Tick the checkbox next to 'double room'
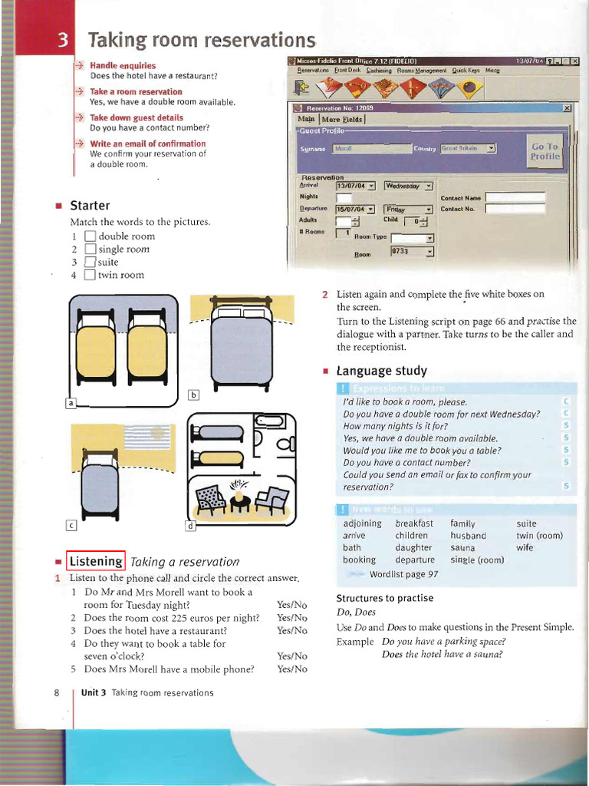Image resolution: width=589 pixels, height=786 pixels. (x=89, y=236)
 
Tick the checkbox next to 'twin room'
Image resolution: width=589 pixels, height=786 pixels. (x=89, y=275)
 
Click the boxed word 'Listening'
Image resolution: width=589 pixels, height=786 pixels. (x=96, y=561)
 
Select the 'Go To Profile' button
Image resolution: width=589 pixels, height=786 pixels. (x=545, y=151)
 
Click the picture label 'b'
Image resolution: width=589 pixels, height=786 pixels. (x=193, y=395)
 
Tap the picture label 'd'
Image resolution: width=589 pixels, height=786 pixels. (x=191, y=526)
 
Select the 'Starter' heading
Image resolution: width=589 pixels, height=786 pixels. (x=90, y=206)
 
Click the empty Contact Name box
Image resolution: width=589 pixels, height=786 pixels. (x=515, y=197)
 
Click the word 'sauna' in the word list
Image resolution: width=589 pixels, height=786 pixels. (x=463, y=548)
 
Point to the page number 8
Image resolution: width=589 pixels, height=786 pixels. (x=57, y=693)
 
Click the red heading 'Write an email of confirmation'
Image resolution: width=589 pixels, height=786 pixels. (x=147, y=144)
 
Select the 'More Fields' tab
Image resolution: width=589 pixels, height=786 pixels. (x=343, y=120)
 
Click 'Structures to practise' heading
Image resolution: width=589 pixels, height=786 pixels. (x=384, y=598)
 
